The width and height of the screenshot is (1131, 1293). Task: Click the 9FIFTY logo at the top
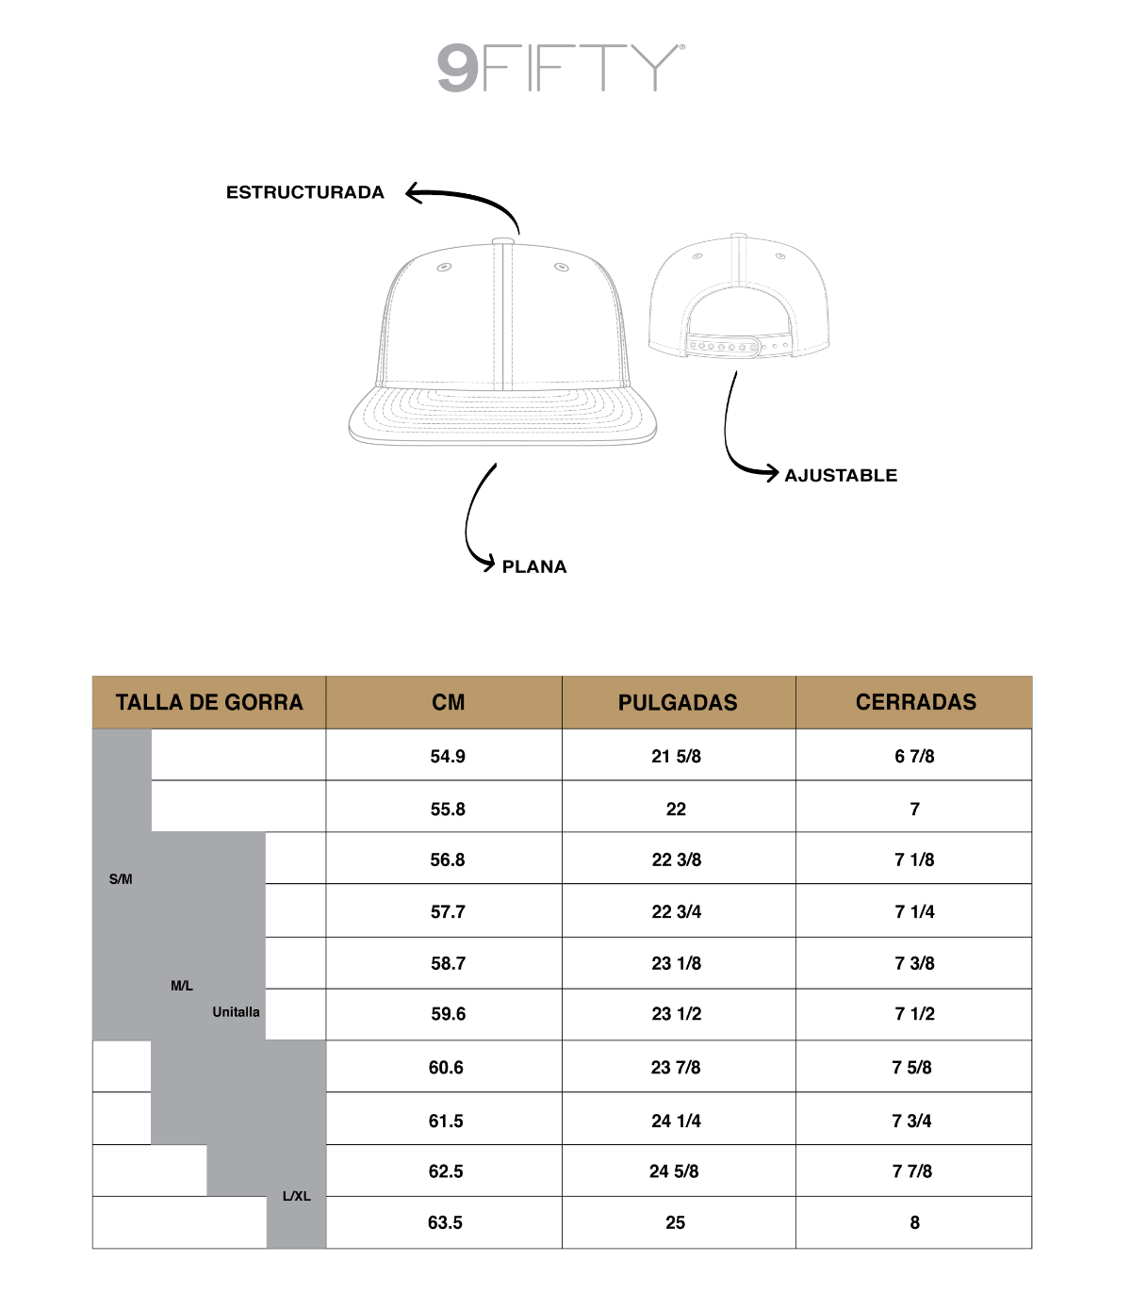561,68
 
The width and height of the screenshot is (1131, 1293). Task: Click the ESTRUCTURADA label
304,192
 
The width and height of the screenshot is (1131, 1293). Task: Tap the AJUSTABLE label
841,475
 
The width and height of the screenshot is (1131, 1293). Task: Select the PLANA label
534,566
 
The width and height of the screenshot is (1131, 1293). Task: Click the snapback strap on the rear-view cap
735,346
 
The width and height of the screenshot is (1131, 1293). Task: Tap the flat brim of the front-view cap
502,416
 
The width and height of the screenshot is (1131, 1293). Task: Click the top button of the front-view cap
502,241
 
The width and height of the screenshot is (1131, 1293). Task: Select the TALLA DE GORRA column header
209,702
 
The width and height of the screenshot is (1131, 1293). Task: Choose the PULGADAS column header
678,702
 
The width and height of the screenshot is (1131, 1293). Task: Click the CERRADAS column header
915,702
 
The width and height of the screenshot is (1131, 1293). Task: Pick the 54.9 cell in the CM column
448,756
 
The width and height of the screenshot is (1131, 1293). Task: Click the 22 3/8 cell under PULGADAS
677,859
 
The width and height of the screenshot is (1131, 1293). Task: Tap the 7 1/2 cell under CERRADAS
914,1014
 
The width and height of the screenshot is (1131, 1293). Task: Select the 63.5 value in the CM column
445,1222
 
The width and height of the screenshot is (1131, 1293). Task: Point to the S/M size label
121,879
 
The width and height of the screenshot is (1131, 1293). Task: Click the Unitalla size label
236,1012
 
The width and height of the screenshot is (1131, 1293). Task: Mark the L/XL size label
297,1196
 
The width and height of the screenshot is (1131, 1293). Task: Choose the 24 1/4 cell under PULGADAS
676,1121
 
